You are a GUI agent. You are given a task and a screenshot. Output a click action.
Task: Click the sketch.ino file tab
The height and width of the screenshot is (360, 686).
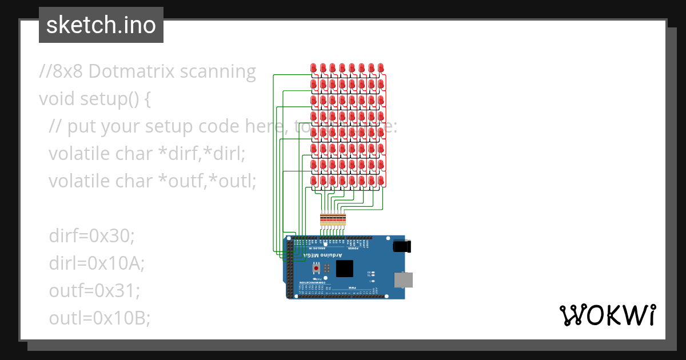tap(101, 25)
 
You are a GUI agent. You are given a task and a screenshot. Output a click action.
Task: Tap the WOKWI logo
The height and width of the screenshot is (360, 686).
tap(607, 315)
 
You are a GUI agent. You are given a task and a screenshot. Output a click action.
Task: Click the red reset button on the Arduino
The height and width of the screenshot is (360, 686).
tap(316, 267)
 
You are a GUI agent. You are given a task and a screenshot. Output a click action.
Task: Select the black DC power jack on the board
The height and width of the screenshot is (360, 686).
tap(403, 246)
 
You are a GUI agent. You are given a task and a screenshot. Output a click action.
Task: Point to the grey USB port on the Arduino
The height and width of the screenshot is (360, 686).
tap(404, 279)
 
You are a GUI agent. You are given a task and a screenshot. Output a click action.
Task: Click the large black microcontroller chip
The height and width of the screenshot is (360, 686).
tap(345, 267)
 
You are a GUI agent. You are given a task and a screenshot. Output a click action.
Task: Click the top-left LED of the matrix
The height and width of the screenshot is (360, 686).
tap(313, 69)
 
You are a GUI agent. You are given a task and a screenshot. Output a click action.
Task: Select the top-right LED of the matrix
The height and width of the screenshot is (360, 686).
tap(381, 69)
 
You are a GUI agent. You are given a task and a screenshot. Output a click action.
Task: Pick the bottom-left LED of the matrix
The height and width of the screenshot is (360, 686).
tap(313, 181)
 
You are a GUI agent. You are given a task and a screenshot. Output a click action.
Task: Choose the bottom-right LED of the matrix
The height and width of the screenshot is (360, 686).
tap(381, 181)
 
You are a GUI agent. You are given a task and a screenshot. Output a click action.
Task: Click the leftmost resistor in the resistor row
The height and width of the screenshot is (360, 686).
tap(322, 219)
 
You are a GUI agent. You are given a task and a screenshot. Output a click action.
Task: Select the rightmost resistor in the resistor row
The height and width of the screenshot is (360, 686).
tap(344, 219)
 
